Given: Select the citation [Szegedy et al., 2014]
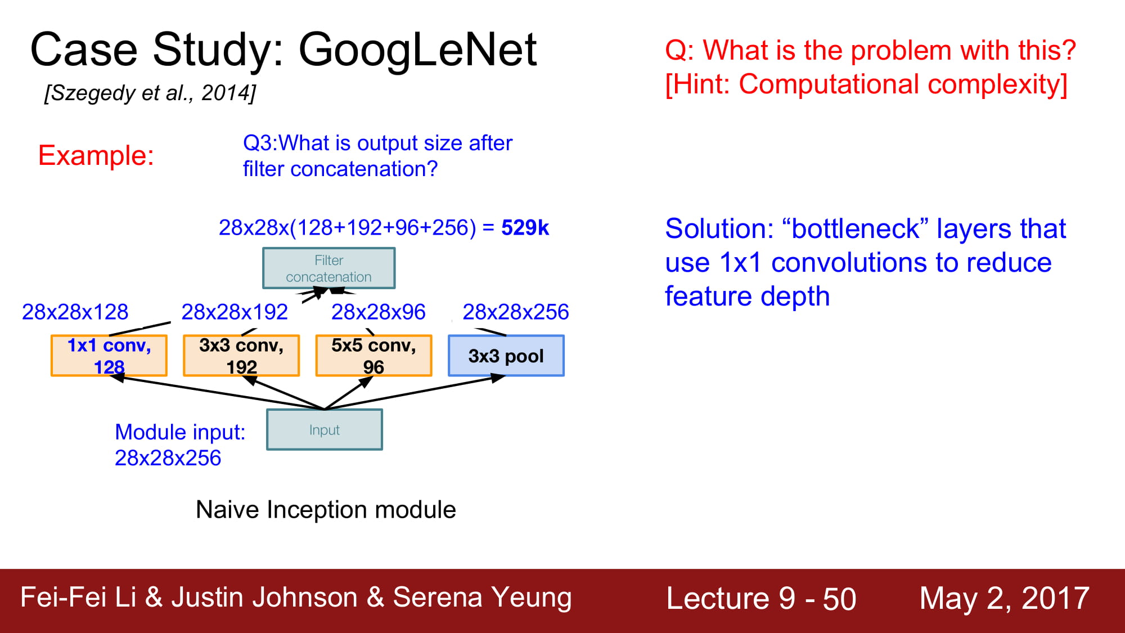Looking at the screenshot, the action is coord(150,93).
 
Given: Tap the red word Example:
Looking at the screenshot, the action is coord(96,155).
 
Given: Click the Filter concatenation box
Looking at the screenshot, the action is coord(329,268).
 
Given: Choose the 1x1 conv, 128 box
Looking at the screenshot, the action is coord(109,356).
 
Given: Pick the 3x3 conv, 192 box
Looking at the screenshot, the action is coord(241,356).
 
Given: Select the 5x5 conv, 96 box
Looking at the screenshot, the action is coord(373,356).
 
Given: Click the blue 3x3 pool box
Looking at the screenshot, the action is coord(506,356).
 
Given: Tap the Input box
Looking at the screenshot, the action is coord(325,430).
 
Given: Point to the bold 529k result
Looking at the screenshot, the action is coord(525,227).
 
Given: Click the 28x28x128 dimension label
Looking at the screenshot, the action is coord(75,312).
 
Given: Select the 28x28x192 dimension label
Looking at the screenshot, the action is coord(235,312).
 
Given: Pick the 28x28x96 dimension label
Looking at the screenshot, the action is coord(378,312).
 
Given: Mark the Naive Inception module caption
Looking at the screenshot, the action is coord(326,510).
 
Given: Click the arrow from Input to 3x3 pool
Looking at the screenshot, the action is coord(415,392).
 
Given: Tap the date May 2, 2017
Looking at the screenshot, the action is coord(1005,598).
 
